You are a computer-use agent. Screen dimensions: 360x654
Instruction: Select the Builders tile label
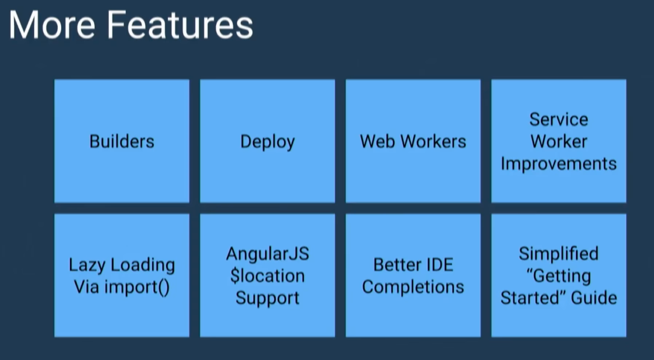[x=122, y=141]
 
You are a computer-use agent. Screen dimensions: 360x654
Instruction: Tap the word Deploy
[x=267, y=142]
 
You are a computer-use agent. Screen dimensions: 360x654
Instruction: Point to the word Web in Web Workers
[x=377, y=141]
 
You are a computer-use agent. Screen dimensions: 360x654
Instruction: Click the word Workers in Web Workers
[x=433, y=141]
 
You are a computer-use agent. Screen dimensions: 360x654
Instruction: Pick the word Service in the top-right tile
[x=559, y=119]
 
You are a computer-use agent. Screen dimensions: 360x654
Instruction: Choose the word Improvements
[x=559, y=164]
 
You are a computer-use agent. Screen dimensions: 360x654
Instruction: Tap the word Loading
[x=143, y=265]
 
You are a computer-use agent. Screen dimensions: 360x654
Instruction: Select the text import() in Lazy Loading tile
[x=137, y=287]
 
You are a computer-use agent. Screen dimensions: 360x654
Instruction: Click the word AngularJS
[x=267, y=254]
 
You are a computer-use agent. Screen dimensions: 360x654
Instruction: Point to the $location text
[x=267, y=276]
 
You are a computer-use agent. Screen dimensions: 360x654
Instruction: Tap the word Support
[x=267, y=298]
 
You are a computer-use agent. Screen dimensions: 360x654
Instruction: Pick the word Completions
[x=413, y=287]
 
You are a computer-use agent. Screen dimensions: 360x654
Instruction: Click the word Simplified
[x=559, y=254]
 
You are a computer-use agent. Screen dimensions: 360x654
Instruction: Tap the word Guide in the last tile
[x=594, y=298]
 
